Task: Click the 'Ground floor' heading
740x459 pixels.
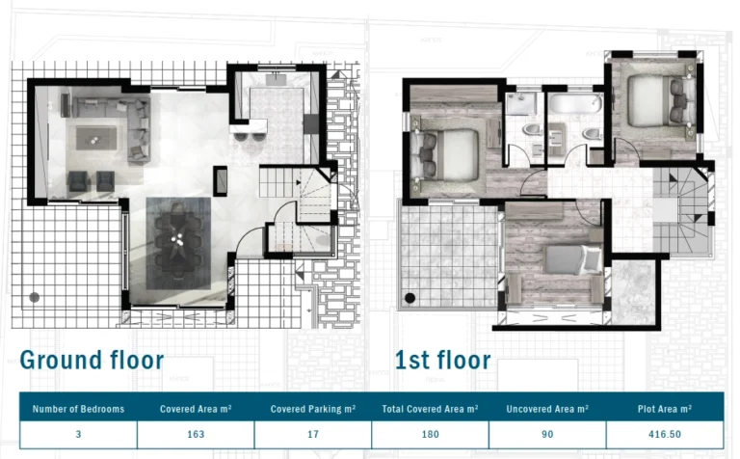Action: (92, 361)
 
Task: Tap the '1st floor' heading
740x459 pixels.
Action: (442, 361)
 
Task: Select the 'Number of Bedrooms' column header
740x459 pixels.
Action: (78, 409)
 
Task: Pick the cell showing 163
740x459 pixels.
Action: (196, 434)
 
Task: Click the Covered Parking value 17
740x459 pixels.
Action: (313, 434)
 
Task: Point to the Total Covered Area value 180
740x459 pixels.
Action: (431, 434)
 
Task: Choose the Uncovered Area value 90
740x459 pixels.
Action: (547, 434)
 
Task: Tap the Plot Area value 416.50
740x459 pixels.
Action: (665, 434)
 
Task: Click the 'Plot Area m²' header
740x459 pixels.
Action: (665, 409)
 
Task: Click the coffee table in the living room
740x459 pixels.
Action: (96, 138)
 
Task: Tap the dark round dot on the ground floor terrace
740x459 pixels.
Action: (35, 297)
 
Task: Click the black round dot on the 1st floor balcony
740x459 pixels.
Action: (410, 298)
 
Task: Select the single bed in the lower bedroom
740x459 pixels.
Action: (572, 259)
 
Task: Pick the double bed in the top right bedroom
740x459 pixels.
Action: (661, 101)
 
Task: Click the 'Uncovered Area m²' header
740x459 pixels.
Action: (547, 409)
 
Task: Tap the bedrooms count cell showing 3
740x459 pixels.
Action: (78, 434)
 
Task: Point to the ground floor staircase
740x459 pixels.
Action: (297, 207)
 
